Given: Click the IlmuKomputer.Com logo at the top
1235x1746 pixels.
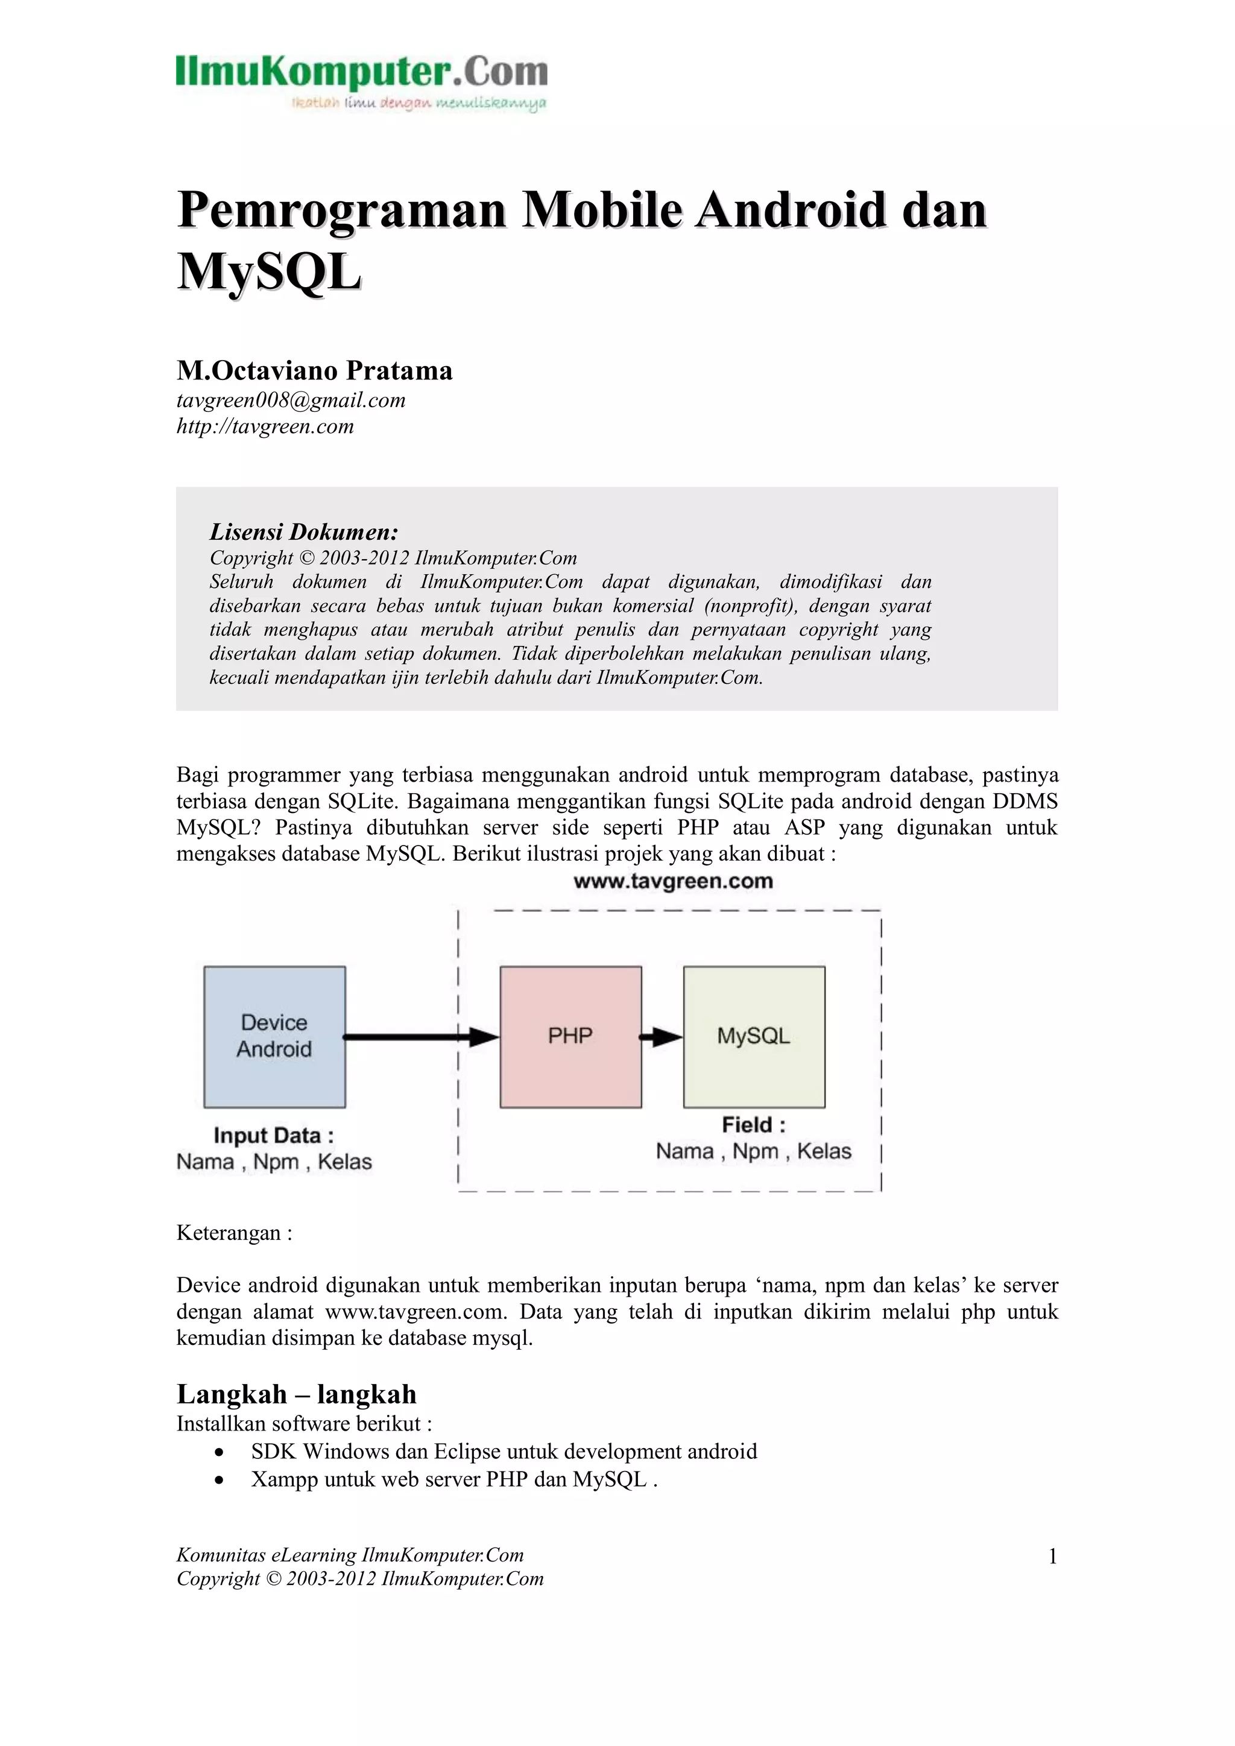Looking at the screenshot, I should pos(361,81).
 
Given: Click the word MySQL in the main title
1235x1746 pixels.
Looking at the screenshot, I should pos(268,271).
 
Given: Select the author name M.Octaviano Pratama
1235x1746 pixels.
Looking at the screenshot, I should pos(314,370).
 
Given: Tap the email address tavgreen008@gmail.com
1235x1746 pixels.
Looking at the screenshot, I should pos(291,400).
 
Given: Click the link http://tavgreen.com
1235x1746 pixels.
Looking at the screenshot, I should pos(265,426).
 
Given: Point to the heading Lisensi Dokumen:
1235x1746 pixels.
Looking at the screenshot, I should pos(303,531).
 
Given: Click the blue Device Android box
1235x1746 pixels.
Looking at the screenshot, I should pos(274,1037).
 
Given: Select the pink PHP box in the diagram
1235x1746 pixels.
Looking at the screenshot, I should pos(570,1037).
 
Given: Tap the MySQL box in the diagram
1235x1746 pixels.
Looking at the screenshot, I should pos(754,1037).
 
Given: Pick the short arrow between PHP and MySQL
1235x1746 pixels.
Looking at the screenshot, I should pos(662,1037).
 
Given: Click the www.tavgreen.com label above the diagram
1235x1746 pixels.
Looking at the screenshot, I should pos(673,881).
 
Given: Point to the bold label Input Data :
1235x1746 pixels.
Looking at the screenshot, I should pos(274,1136).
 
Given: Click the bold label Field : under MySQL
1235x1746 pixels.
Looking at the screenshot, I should pos(753,1125).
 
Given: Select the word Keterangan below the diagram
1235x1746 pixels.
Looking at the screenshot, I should pos(228,1233).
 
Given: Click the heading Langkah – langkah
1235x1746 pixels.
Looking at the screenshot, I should pos(297,1394).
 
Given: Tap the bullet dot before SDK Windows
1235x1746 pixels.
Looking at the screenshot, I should pos(219,1452).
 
